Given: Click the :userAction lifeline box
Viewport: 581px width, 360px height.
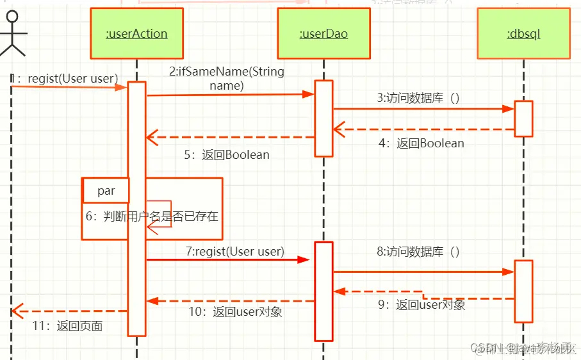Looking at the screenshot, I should [x=136, y=33].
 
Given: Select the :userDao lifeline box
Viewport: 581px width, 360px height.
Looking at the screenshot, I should [x=323, y=33].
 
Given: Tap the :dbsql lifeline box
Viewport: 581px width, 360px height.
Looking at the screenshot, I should [x=523, y=33].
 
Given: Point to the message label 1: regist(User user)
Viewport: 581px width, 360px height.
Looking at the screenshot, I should [x=64, y=78].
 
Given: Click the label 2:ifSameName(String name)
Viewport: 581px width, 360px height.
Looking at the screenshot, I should [x=227, y=78].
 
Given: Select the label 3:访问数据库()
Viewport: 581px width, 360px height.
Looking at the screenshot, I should [x=418, y=98].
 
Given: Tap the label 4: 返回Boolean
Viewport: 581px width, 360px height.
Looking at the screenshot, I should [x=421, y=143].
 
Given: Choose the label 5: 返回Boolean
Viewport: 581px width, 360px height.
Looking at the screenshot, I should [x=227, y=155].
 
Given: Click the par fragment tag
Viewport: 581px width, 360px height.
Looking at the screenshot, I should [x=106, y=190].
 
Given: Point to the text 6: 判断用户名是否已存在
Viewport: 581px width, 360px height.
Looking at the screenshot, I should [x=152, y=217].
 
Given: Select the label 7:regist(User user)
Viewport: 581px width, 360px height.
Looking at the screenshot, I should [x=235, y=252].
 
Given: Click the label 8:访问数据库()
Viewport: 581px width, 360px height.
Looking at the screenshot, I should [x=418, y=252].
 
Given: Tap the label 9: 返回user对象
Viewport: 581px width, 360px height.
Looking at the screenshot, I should [x=421, y=305].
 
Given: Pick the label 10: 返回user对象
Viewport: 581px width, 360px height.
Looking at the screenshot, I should [x=235, y=312].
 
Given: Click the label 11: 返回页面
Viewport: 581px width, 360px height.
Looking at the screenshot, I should [x=68, y=326].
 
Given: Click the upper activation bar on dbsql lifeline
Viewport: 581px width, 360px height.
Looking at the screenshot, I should [x=523, y=119].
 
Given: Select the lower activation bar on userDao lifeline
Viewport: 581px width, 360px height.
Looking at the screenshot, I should [x=323, y=291].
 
